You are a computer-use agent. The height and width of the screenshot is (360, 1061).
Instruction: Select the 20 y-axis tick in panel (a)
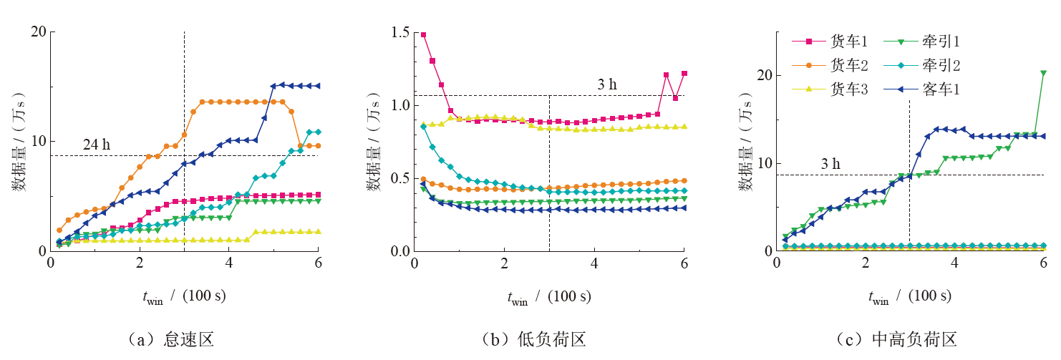click(38, 32)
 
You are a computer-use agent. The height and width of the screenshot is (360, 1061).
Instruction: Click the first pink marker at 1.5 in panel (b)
click(424, 35)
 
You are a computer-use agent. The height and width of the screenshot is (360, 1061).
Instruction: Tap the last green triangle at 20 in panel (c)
click(1043, 73)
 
